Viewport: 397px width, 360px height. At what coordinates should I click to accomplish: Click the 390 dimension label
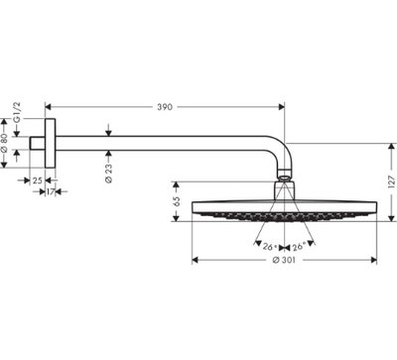(x=165, y=107)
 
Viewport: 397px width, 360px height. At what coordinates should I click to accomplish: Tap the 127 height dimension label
(x=392, y=182)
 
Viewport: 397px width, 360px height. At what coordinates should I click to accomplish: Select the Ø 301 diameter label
(x=284, y=260)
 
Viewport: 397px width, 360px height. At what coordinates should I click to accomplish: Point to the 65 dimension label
(x=176, y=201)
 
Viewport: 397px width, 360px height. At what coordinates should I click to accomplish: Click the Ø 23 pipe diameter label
(x=109, y=173)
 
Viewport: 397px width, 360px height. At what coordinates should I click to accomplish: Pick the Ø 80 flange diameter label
(x=4, y=143)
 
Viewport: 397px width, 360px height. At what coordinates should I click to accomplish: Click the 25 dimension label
(x=38, y=180)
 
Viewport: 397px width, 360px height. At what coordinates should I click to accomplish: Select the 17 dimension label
(x=50, y=191)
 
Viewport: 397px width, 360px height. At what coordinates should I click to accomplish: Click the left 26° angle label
(x=269, y=247)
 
